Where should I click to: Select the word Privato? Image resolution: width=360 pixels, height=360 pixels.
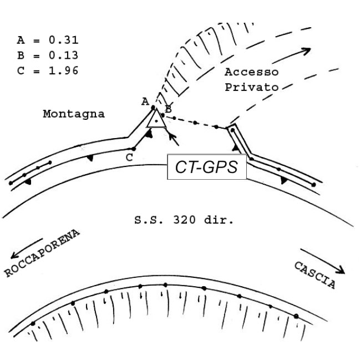pos(250,87)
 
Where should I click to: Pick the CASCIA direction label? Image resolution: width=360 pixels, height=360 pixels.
pos(315,276)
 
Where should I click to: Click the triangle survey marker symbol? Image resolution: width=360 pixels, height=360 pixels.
pos(156,119)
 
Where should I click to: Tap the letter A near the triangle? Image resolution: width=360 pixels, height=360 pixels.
pos(145,101)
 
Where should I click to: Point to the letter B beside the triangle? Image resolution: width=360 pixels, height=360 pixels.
pos(168,108)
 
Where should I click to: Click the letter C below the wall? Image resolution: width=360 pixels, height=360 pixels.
pos(129,158)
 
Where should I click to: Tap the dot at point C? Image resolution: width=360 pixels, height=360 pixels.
pos(134,149)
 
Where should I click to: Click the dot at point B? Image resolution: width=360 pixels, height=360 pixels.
pos(163,114)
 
